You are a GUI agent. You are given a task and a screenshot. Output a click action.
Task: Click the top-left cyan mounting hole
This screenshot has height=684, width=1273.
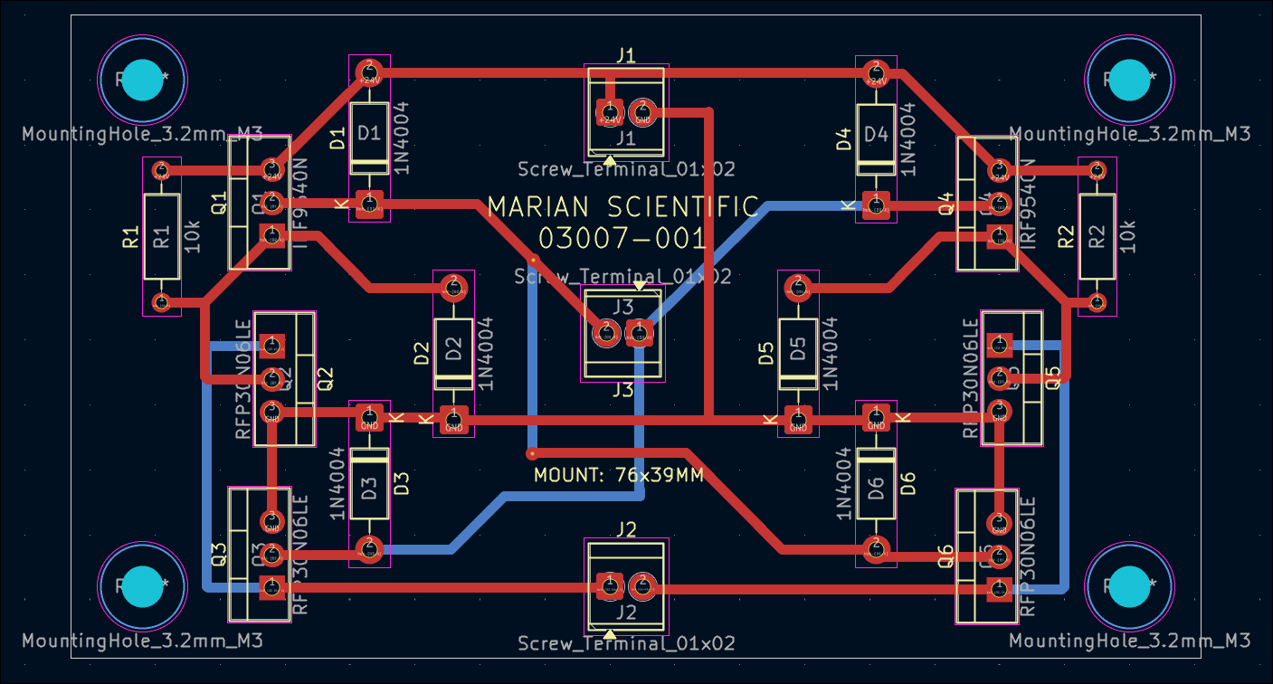point(141,81)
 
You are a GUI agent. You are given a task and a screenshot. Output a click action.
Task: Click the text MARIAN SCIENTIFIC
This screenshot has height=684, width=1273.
point(622,207)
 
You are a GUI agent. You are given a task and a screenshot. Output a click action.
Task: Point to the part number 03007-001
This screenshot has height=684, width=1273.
point(622,239)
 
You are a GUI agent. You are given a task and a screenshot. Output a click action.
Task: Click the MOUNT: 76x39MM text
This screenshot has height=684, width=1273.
point(618,475)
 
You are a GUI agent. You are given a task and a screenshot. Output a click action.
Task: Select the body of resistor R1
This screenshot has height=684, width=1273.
point(161,237)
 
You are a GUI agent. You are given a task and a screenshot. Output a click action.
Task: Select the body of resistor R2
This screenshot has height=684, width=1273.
point(1097,237)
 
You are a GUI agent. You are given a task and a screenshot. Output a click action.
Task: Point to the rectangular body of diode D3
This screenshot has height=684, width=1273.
point(368,485)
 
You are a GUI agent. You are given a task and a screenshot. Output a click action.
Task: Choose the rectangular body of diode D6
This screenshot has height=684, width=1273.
point(875,485)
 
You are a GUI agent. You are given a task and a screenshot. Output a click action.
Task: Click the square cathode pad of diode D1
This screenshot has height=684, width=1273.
point(368,204)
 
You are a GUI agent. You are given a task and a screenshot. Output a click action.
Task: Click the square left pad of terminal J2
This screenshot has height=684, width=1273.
point(609,586)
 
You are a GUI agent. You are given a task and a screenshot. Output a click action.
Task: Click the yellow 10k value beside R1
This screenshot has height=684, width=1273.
point(192,237)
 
